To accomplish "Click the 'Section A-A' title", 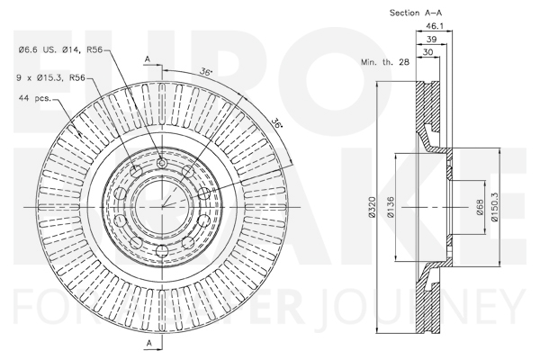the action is click(x=416, y=13).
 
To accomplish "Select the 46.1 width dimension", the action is click(x=435, y=26).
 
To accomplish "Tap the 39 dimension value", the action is click(x=431, y=39).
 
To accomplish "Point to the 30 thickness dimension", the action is click(x=427, y=52).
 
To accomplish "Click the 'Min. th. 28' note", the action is click(x=385, y=62).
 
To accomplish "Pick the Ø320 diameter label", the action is click(x=372, y=207).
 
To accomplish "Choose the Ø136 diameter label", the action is click(x=391, y=207).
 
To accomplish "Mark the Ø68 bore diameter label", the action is click(x=481, y=207).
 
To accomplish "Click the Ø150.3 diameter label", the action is click(x=494, y=207).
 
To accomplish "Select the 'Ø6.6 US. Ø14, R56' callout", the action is click(x=60, y=50).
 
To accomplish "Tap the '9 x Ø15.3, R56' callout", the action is click(x=51, y=78).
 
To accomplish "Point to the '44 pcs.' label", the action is click(x=35, y=98).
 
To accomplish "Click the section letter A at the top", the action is click(x=148, y=59).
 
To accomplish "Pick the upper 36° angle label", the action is click(x=205, y=72).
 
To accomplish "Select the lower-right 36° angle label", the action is click(x=276, y=123).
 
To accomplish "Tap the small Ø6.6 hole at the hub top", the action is click(x=161, y=163).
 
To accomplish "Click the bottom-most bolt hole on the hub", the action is click(x=161, y=250).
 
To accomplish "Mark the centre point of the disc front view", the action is click(x=162, y=207).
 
